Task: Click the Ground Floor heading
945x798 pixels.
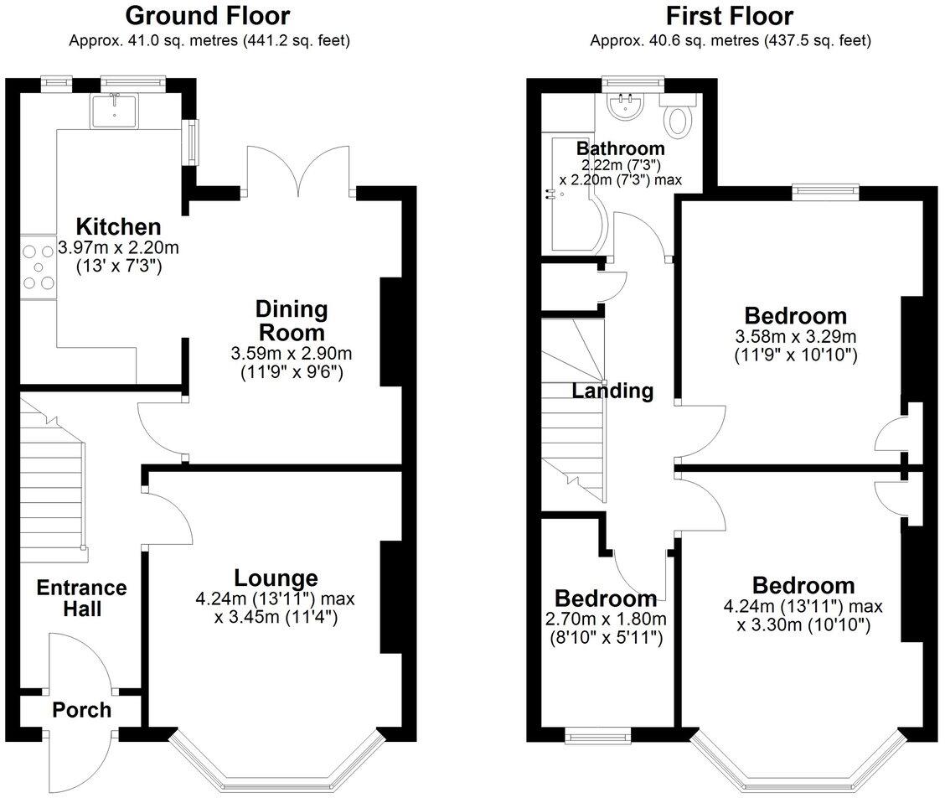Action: tap(208, 15)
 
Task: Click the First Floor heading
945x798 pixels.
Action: tap(729, 15)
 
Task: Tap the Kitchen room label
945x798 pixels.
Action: tap(118, 226)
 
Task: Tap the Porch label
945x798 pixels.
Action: tap(81, 710)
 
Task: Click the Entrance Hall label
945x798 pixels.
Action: tap(81, 598)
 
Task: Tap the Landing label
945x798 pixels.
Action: tap(612, 390)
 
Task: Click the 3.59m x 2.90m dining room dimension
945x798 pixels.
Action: tap(292, 352)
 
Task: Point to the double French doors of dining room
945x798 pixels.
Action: tap(297, 172)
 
